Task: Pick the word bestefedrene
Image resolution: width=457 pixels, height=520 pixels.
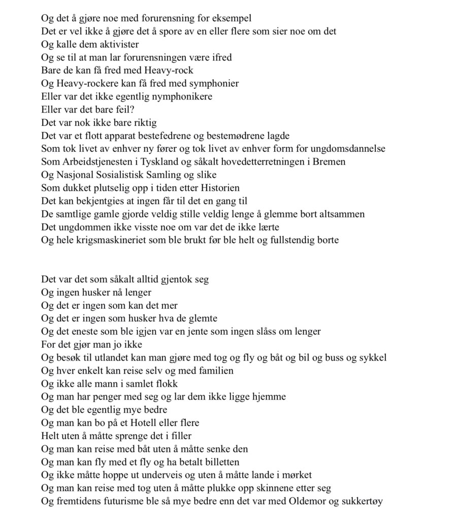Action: (x=162, y=136)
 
